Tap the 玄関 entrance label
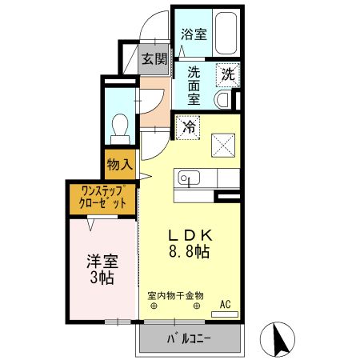pos(155,58)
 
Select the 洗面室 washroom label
pos(194,86)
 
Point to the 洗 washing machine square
pos(228,75)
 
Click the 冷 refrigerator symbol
pos(189,127)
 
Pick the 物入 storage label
pos(119,165)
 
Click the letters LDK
pos(189,236)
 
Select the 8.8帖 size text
pos(189,252)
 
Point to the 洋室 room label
pos(101,262)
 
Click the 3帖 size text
pos(101,278)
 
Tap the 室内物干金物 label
pos(176,295)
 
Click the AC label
pos(225,304)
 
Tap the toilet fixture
pos(121,126)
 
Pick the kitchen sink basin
pos(190,177)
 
